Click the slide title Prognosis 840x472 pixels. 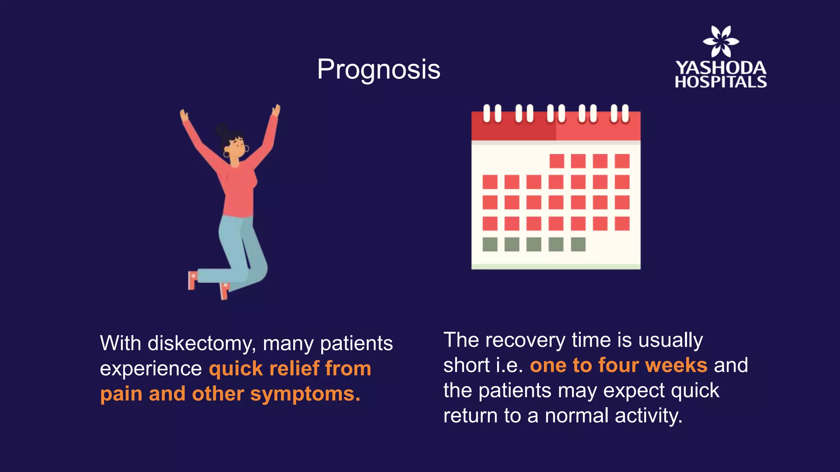pos(378,69)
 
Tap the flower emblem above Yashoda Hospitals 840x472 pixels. pos(721,41)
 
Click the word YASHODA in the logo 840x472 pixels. pos(721,68)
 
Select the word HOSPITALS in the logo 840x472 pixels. pos(721,82)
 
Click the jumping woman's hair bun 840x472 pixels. pos(222,130)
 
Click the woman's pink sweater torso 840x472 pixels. pos(240,188)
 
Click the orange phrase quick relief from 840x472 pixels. pos(290,369)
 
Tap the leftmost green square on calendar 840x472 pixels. pos(490,244)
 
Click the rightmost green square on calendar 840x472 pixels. pos(578,244)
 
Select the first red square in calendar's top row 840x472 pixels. pos(556,161)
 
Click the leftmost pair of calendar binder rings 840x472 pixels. pos(492,113)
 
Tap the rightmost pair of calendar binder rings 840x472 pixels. pos(619,113)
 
